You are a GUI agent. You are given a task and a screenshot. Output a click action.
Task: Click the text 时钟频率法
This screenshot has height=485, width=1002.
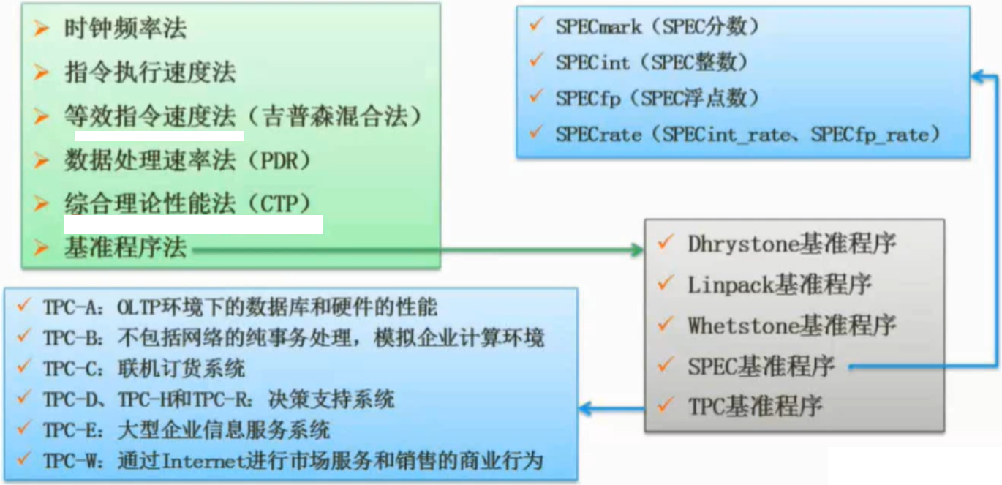coord(125,29)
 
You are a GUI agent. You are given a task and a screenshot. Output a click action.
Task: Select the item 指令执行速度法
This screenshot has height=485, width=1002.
coord(150,72)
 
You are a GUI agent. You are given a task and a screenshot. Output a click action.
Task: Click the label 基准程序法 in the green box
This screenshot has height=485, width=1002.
coord(125,249)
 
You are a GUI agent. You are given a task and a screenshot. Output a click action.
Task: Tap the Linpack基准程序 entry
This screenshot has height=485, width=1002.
coord(779,284)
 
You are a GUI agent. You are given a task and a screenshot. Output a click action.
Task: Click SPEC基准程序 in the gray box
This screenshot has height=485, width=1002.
coord(761,366)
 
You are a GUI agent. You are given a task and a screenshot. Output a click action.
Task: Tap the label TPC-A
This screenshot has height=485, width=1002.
coord(65,307)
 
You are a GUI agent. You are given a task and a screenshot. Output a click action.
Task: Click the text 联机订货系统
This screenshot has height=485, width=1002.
coord(181,369)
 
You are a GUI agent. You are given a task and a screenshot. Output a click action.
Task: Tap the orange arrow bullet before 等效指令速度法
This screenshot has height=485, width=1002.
coord(42,115)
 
